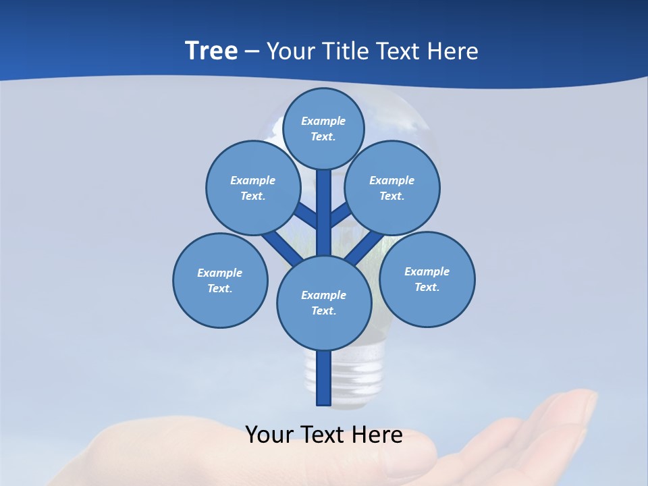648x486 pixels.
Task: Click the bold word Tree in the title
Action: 211,51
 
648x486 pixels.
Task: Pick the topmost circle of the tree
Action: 323,128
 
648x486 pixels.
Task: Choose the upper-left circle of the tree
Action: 252,188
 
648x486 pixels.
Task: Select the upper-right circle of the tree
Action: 392,188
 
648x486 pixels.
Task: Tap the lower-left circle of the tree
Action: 220,280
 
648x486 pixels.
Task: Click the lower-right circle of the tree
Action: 427,279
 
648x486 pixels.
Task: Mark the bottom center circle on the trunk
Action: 324,302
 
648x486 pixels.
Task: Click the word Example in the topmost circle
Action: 323,121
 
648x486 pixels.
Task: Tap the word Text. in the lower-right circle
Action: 427,287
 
